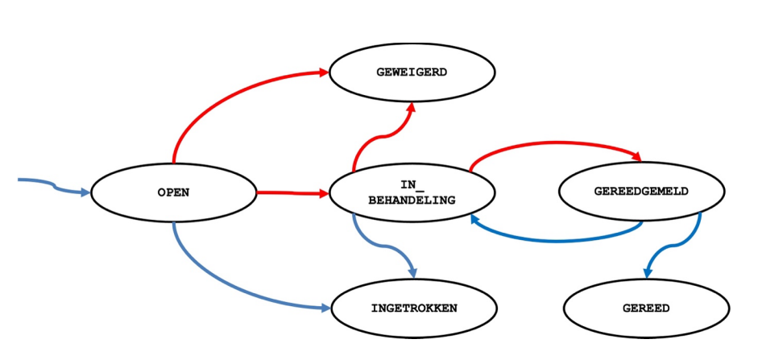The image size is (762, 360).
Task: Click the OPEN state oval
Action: point(173,192)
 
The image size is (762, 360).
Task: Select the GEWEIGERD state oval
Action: point(412,72)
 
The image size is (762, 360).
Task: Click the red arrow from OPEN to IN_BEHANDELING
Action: point(290,193)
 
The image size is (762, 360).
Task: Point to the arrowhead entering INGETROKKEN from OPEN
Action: point(324,308)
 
